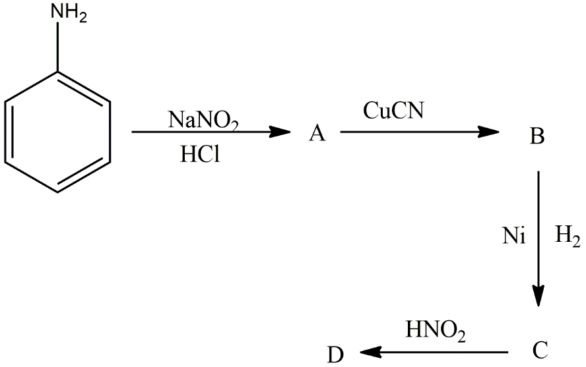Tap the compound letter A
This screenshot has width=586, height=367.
point(317,134)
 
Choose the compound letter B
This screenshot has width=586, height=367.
point(537,137)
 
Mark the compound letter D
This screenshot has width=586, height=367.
point(336,356)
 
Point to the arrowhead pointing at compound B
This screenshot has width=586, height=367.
point(489,132)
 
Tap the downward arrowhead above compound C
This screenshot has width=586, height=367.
point(539,296)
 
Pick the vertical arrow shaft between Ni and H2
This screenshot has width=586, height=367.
point(539,231)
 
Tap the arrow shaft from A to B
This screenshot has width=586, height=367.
point(409,132)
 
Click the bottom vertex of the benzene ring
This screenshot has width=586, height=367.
point(58,192)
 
